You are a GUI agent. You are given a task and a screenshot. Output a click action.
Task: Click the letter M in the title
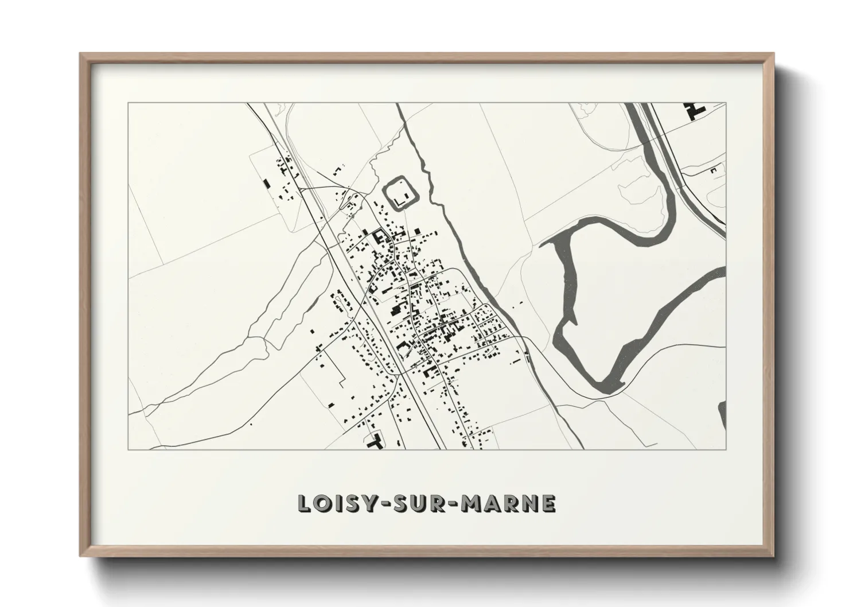471,503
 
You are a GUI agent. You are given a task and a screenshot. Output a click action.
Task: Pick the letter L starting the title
304,503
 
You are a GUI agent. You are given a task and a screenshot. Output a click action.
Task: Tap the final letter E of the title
548,503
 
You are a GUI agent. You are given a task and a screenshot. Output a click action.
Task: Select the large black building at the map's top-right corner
694,110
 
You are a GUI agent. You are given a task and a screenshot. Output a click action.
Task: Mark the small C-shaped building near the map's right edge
714,170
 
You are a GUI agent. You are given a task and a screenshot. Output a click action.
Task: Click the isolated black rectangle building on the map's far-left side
266,184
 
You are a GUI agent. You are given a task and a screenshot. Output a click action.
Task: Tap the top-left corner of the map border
128,103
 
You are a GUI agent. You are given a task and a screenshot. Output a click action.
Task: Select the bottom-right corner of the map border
726,449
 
